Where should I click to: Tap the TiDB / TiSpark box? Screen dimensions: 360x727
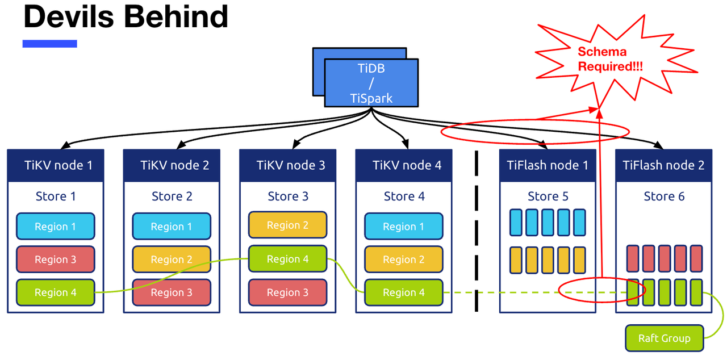point(371,83)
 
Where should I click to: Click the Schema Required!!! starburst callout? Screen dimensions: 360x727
point(602,59)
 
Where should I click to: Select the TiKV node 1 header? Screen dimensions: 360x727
point(56,166)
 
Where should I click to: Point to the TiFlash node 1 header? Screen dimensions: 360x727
point(548,166)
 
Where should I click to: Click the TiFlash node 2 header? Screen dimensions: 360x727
point(663,166)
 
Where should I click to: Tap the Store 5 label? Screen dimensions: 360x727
point(548,196)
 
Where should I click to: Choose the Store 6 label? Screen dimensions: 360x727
point(663,196)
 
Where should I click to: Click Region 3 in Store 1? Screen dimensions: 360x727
point(56,259)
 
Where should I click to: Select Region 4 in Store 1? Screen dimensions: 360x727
point(56,292)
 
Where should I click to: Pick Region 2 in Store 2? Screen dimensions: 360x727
point(172,259)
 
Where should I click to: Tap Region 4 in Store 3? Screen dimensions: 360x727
point(287,259)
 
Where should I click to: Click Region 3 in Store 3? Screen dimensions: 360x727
point(287,292)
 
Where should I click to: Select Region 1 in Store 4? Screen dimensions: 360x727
point(403,227)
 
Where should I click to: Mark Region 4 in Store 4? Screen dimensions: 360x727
point(403,292)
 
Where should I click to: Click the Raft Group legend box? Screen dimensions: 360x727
point(664,338)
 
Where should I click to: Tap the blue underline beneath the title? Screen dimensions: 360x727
point(49,44)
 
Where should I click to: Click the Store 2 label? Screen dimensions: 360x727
point(172,196)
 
